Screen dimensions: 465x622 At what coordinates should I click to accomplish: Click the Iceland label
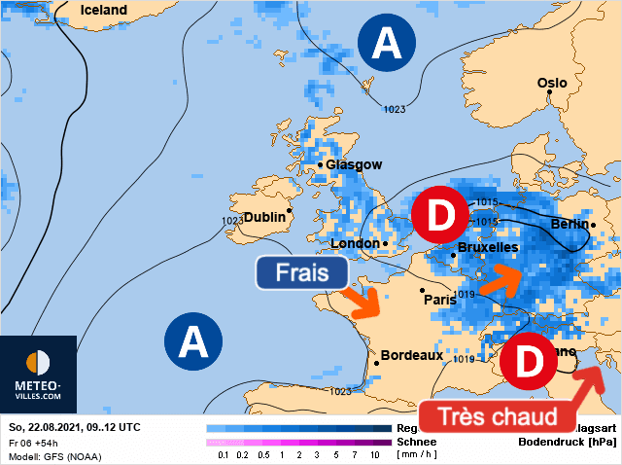pos(103,10)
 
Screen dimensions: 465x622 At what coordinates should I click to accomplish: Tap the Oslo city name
pos(552,83)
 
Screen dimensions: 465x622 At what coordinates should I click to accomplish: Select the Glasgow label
pos(354,165)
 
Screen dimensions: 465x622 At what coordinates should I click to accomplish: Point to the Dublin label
pos(264,217)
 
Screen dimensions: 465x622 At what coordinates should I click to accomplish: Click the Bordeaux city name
pos(412,355)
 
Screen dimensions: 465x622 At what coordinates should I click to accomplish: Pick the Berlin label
pos(570,225)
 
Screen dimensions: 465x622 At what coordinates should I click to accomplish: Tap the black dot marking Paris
pos(422,290)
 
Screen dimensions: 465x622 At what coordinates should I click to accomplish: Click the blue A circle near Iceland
pos(387,43)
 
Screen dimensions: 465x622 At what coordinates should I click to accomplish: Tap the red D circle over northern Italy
pos(529,362)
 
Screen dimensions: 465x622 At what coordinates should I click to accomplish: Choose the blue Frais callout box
pos(303,273)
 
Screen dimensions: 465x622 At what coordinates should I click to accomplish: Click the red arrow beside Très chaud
pos(590,382)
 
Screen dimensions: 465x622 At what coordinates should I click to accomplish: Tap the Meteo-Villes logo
pos(38,375)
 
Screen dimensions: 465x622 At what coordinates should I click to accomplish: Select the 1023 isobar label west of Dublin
pos(232,221)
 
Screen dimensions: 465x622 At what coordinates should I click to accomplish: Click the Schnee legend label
pos(415,442)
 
